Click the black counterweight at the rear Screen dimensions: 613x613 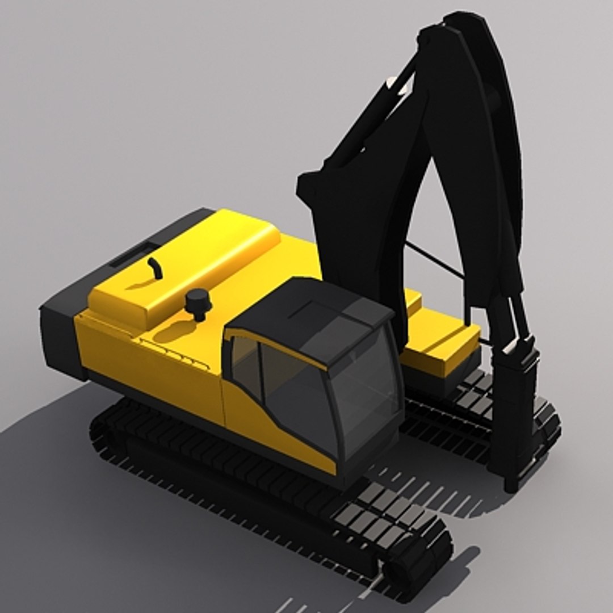pyautogui.click(x=60, y=335)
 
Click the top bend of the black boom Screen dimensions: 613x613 pyautogui.click(x=454, y=34)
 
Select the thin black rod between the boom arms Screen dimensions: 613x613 pyautogui.click(x=434, y=261)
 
